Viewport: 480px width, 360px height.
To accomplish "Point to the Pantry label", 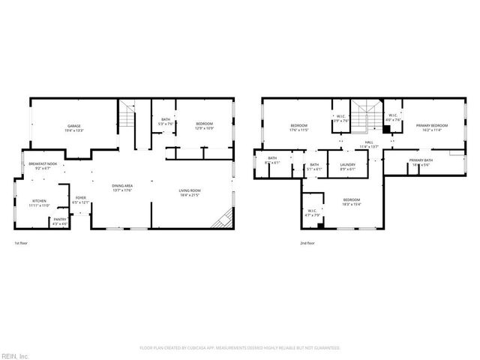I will (x=60, y=221).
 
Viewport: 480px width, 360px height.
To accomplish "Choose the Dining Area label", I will (x=122, y=187).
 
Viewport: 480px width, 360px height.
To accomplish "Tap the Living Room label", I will (x=188, y=193).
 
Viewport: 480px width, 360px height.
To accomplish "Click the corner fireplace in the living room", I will (x=221, y=220).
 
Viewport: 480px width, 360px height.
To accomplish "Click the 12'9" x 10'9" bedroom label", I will (x=205, y=125).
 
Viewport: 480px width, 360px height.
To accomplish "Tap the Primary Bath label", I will (x=420, y=162).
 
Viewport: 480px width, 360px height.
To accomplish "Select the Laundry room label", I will (x=347, y=166).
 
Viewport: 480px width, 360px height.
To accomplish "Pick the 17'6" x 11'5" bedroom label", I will (x=299, y=127).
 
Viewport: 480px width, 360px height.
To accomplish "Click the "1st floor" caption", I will (x=21, y=244).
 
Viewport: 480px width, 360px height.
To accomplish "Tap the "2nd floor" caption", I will (x=307, y=244).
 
